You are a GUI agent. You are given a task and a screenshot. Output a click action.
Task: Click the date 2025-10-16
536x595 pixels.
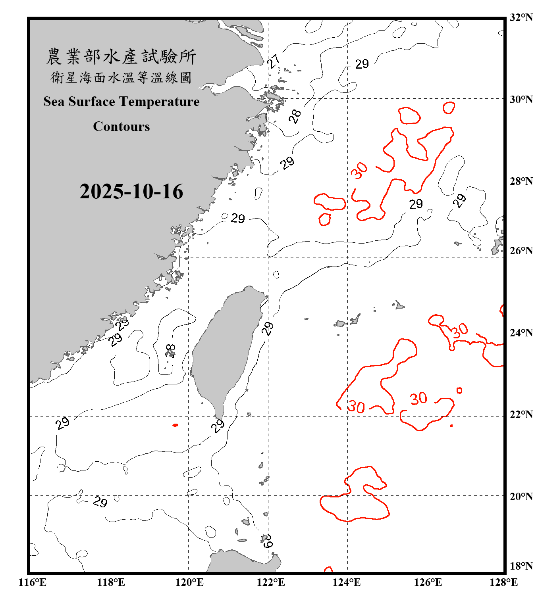(x=131, y=192)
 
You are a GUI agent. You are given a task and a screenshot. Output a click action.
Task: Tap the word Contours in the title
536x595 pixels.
(x=121, y=127)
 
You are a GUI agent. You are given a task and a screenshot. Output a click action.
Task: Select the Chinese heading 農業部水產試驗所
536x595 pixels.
(x=121, y=57)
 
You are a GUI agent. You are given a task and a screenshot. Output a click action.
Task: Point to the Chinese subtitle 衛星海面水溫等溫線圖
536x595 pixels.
(x=121, y=77)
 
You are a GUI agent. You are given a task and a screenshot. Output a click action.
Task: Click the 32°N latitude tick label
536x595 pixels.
(x=521, y=17)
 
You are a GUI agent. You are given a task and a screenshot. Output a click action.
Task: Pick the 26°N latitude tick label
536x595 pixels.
(x=521, y=251)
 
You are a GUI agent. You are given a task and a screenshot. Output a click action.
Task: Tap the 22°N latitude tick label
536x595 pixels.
(x=521, y=415)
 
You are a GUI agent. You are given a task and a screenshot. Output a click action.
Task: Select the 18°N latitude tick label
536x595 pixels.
(x=521, y=566)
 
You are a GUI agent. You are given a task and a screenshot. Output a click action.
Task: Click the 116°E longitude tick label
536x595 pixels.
(x=33, y=582)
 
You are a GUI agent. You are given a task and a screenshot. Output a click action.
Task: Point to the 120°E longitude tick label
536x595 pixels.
(x=189, y=582)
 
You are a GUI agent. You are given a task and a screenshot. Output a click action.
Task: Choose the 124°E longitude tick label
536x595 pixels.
(x=347, y=582)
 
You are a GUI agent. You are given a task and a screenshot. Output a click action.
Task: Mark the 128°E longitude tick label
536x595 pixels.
(x=503, y=582)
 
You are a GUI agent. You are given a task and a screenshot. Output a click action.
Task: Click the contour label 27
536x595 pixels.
(x=274, y=61)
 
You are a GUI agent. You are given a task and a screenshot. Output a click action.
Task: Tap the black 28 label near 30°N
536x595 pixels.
(x=295, y=116)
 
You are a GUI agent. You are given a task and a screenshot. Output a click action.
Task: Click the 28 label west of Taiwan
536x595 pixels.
(x=170, y=351)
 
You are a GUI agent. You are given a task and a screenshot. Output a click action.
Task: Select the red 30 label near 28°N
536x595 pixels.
(x=359, y=171)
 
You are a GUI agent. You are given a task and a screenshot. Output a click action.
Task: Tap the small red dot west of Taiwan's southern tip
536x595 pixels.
(x=175, y=425)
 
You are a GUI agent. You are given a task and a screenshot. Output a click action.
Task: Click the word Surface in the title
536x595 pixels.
(x=92, y=102)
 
